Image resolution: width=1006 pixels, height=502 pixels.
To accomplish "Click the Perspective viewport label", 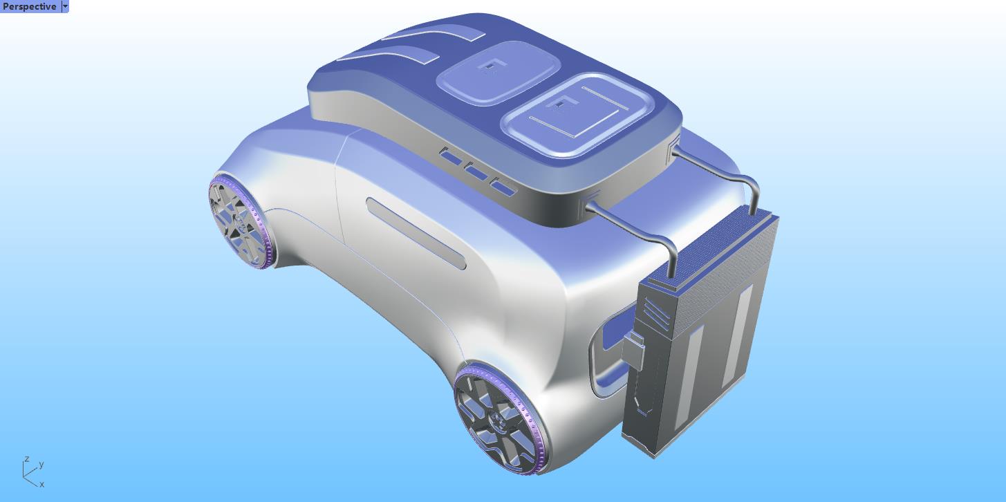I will click(30, 6).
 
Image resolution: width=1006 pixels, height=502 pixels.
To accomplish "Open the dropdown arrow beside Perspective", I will click(65, 6).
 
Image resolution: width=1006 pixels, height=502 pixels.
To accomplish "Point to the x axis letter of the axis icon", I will click(42, 485).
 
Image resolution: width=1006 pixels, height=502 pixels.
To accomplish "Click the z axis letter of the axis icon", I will click(26, 459).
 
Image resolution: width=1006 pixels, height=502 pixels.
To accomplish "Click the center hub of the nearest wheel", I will click(496, 421).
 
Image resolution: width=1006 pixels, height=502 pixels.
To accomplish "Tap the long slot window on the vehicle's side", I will click(416, 232).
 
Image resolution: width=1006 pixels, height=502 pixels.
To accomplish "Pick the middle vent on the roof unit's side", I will click(476, 171).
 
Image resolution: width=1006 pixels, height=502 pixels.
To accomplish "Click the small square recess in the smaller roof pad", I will click(490, 66).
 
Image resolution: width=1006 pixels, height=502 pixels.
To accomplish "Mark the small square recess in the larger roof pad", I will click(559, 104).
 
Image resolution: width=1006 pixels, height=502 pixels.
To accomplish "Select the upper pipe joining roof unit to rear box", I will click(719, 167).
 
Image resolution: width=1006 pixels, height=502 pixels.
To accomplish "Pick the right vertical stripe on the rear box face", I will click(735, 335).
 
